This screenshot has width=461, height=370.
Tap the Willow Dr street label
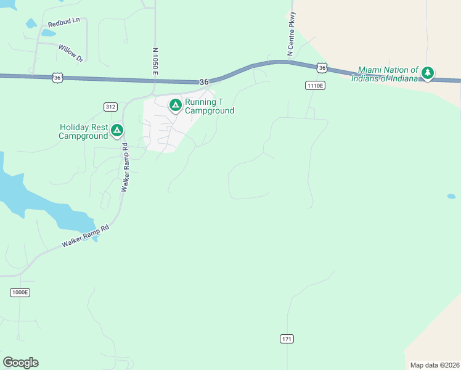click(70, 52)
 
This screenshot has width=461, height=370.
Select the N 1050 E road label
click(156, 62)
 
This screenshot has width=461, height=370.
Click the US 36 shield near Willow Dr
click(57, 77)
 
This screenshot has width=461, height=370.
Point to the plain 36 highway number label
click(204, 82)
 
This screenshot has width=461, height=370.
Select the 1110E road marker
click(313, 86)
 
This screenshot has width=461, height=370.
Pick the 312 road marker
click(110, 107)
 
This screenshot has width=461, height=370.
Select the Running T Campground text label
click(210, 106)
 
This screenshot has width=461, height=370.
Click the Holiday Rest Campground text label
click(83, 131)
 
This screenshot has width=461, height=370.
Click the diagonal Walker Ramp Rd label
click(85, 237)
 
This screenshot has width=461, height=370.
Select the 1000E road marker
click(20, 292)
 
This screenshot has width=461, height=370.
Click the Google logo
click(20, 363)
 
